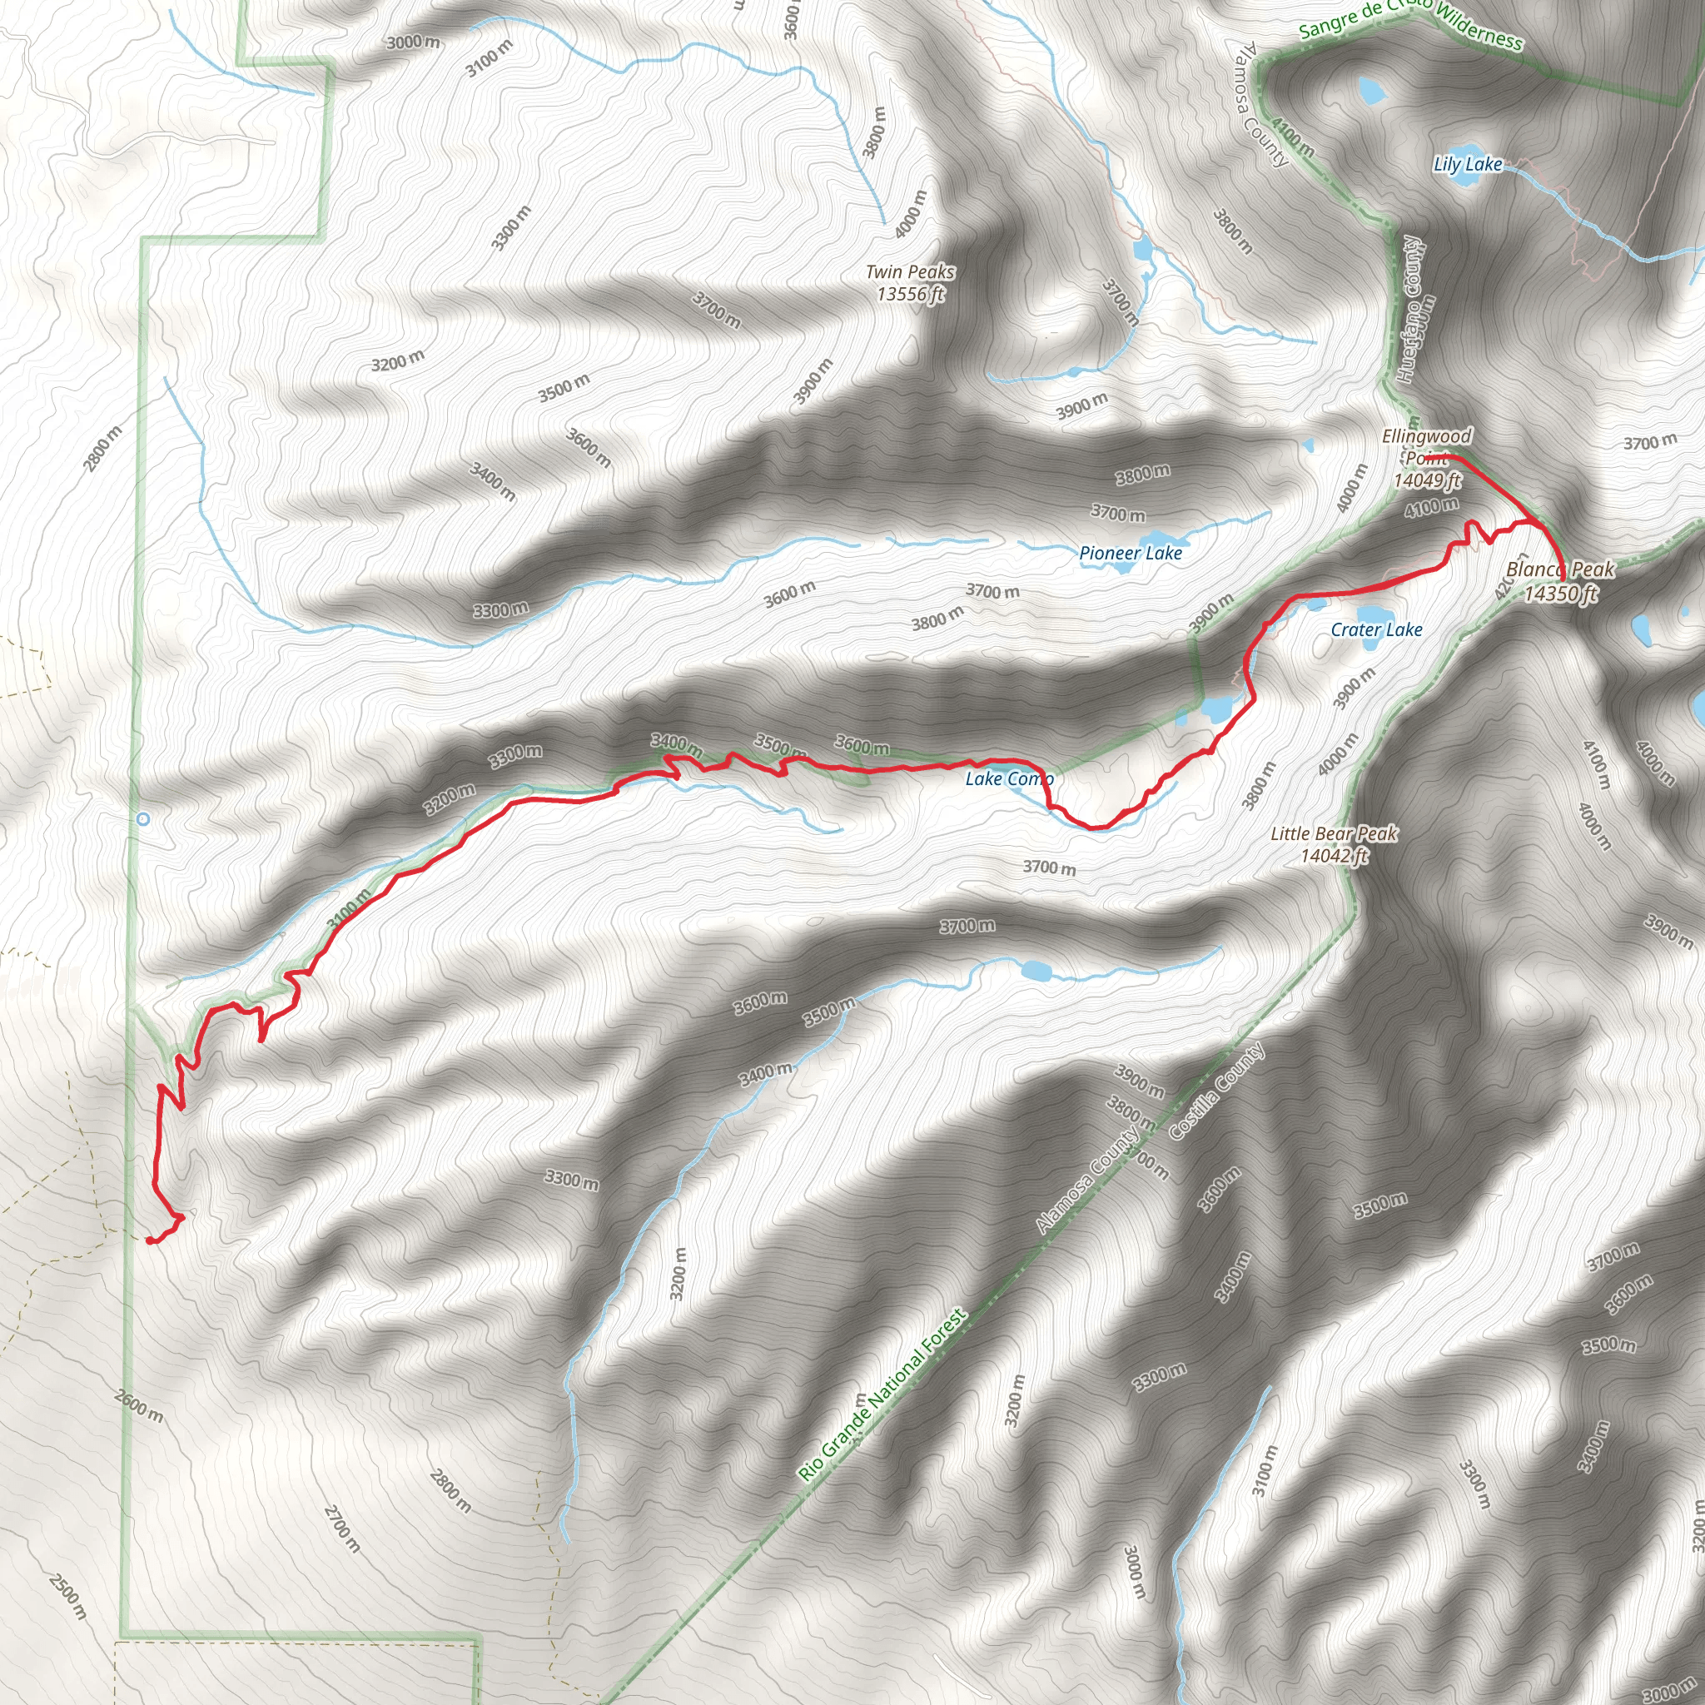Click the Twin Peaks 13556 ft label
[x=910, y=283]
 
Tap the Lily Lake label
[x=1467, y=164]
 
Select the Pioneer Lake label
[x=1131, y=554]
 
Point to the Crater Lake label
[x=1376, y=629]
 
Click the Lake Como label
[x=1009, y=778]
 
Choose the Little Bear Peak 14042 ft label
[x=1334, y=843]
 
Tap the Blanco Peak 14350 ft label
[x=1560, y=581]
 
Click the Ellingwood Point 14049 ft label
[x=1426, y=458]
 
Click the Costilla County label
[x=1217, y=1091]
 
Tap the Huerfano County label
[x=1410, y=310]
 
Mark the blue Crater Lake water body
[x=1372, y=615]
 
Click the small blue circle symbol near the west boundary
[x=143, y=819]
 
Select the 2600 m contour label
[x=138, y=1405]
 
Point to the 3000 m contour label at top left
[x=413, y=42]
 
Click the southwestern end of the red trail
[x=148, y=1240]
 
